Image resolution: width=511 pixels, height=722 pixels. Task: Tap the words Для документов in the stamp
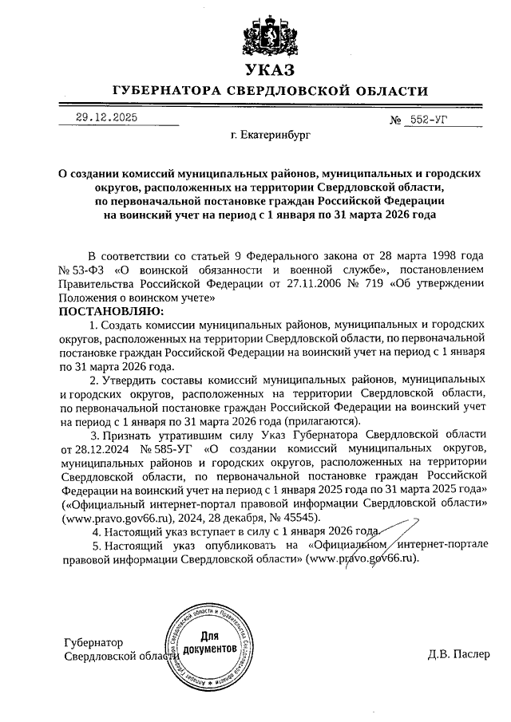point(209,643)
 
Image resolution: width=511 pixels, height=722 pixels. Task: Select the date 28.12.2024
point(96,448)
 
